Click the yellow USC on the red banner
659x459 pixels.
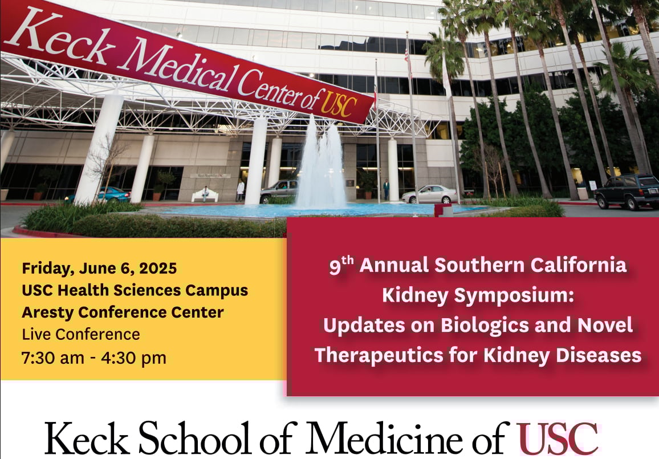338,103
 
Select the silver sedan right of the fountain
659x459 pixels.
429,194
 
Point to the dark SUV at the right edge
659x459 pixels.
627,191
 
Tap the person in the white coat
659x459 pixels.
241,190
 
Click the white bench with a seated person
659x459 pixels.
205,196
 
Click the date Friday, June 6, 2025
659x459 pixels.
99,268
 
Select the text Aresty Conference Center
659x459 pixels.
123,312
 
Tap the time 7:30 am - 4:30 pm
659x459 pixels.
93,358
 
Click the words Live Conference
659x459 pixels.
81,334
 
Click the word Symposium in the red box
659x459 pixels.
514,296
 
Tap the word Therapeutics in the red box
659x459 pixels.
379,356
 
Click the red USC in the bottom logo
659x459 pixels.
558,439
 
